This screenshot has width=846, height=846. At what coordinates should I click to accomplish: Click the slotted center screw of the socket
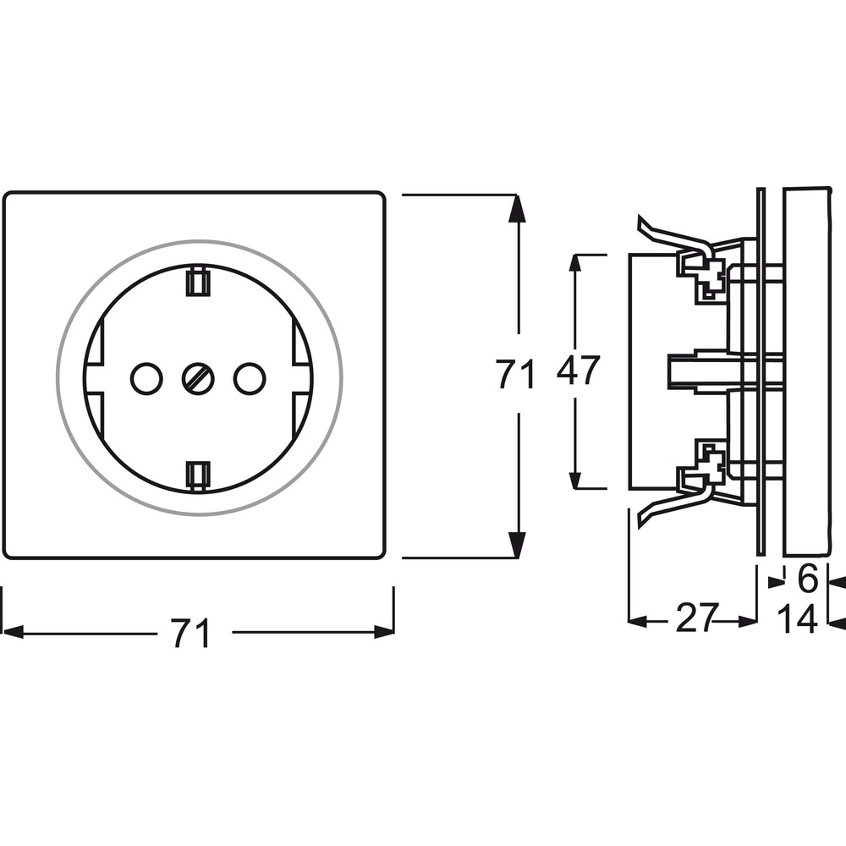click(199, 378)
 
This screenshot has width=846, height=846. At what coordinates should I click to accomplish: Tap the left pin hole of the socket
click(146, 378)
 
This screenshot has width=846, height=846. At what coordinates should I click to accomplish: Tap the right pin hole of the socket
click(250, 378)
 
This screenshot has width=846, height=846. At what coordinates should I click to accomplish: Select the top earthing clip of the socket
click(198, 282)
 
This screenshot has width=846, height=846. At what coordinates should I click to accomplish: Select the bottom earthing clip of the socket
click(198, 475)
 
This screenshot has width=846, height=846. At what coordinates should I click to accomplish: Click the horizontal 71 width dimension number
click(190, 634)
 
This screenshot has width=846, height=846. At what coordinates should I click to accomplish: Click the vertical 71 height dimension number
click(515, 374)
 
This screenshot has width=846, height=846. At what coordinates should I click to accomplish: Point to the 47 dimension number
click(578, 371)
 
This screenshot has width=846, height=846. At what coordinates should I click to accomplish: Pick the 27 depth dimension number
click(696, 618)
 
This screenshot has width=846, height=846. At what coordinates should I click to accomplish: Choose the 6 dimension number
click(808, 579)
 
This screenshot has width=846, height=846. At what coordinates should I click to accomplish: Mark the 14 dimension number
click(798, 619)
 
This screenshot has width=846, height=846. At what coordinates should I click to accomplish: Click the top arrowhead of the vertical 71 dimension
click(518, 208)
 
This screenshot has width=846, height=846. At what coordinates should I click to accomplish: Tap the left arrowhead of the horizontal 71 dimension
click(13, 632)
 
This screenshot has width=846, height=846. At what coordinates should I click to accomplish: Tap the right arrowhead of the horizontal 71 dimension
click(384, 632)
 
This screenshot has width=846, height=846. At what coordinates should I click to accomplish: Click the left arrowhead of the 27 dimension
click(638, 622)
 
